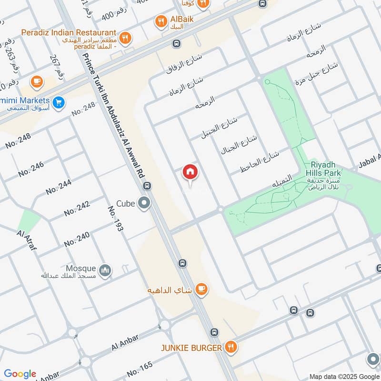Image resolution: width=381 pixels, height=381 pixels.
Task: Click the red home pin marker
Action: point(190,172)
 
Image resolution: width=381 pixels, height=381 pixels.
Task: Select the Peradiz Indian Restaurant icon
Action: point(125,38)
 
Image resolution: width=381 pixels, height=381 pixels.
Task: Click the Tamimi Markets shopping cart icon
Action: point(59,102)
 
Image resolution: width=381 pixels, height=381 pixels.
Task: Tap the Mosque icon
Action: point(106,270)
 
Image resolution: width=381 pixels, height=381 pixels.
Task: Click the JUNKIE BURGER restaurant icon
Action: point(231,347)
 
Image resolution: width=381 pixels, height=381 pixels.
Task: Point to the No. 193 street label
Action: point(115,219)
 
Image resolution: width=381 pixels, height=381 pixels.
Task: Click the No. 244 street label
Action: point(59,187)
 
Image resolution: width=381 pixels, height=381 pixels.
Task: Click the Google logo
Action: point(20,374)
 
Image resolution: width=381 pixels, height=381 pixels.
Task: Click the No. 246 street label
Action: point(31,169)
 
